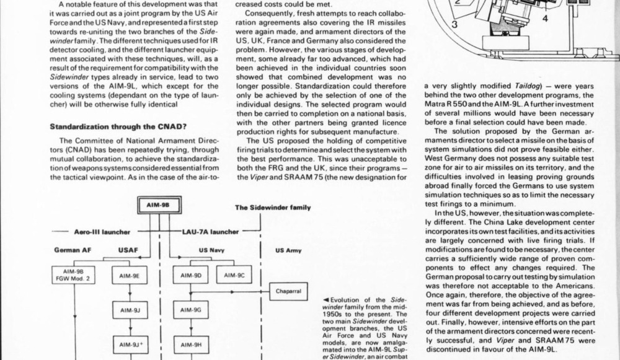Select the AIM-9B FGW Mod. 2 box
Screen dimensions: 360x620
74,274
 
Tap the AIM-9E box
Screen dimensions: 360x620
129,274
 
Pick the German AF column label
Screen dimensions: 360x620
73,252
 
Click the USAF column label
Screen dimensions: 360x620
128,252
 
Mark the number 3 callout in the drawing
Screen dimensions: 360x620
453,24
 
